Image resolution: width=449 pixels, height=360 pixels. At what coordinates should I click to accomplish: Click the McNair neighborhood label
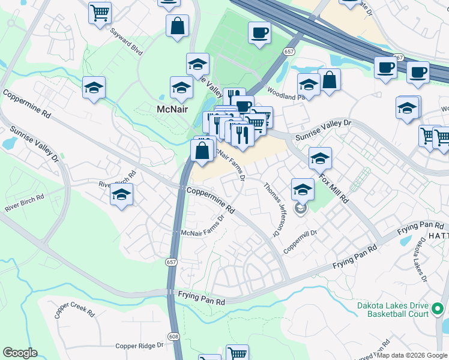point(173,110)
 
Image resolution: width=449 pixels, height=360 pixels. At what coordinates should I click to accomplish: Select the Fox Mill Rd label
point(334,187)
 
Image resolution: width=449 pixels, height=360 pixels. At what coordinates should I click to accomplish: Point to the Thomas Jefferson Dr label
point(272,208)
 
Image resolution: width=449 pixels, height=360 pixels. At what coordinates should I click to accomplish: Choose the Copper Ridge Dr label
point(139,346)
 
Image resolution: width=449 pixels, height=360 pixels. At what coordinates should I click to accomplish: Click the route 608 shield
point(173,337)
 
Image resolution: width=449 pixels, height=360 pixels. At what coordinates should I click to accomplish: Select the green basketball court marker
point(438,310)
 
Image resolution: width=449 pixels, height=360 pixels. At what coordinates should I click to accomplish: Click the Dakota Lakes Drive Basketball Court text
point(393,309)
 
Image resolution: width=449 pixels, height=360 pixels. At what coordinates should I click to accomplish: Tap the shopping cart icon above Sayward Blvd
point(100,13)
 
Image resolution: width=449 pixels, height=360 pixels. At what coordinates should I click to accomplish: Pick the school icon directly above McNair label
point(181,88)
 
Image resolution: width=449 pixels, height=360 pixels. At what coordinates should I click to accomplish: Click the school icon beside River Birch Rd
point(121,194)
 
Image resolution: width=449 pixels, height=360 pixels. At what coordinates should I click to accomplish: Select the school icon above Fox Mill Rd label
point(320,158)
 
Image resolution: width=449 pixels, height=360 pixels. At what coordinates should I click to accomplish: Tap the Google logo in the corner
point(20,353)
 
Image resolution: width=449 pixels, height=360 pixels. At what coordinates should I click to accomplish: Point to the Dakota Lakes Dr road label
point(419,259)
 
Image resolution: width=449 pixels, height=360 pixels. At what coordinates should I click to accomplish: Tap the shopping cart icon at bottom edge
point(238,353)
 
